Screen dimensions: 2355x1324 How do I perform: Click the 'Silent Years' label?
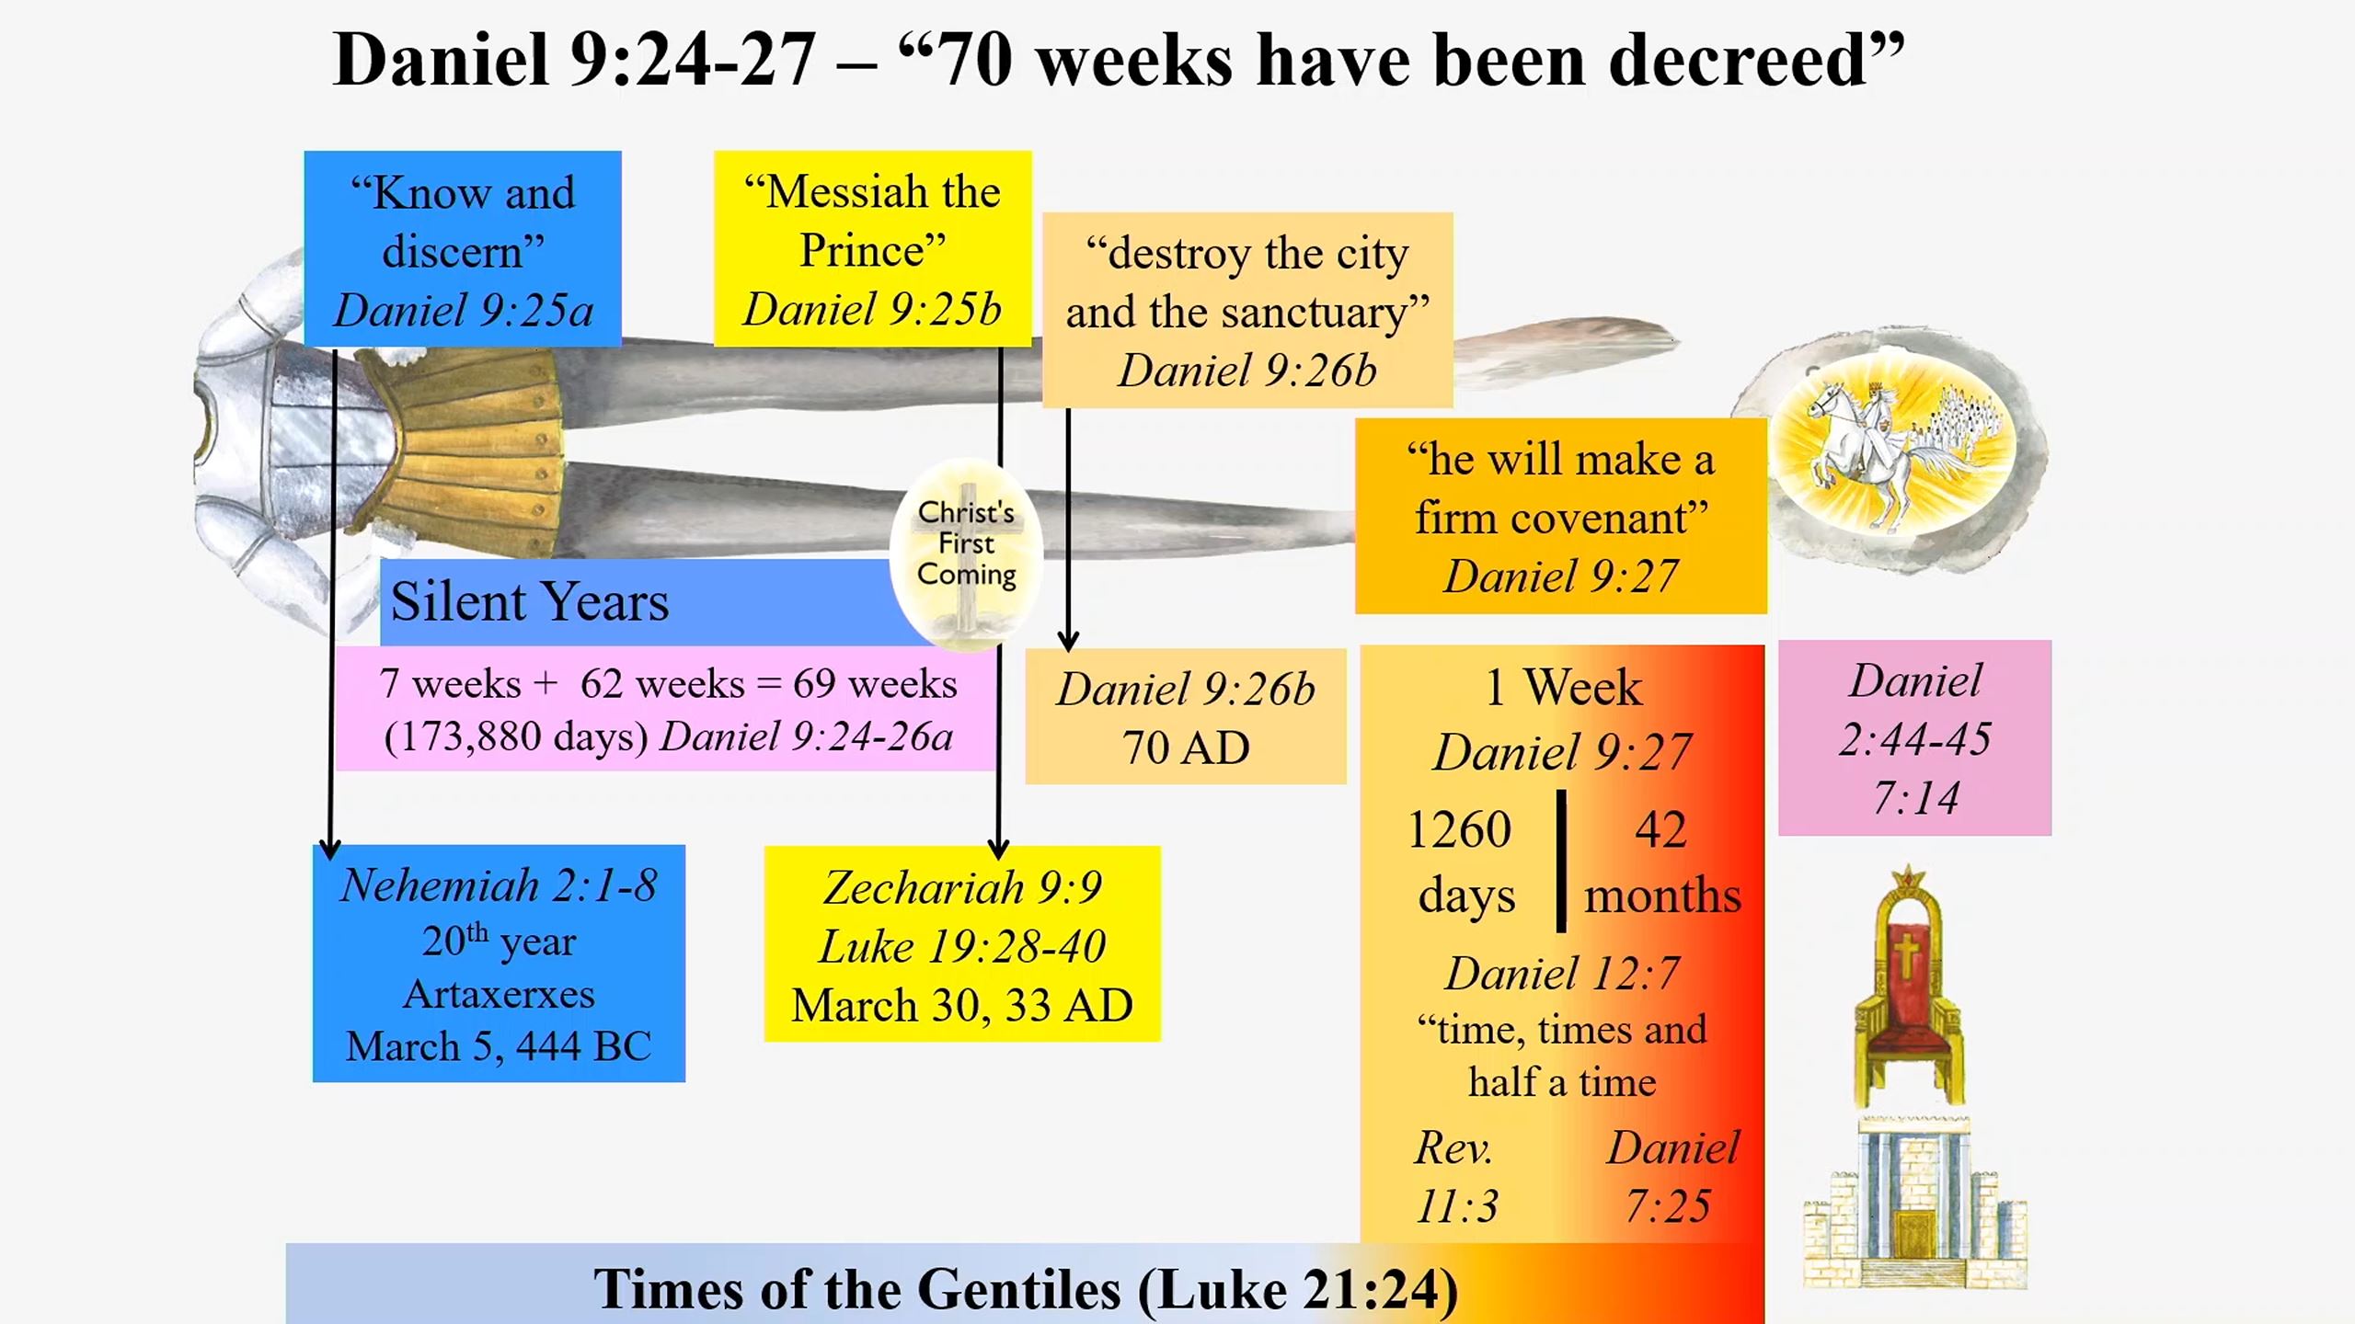click(530, 601)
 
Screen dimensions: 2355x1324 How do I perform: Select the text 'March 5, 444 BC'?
click(499, 1046)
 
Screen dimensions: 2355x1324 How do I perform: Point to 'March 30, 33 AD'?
click(962, 1005)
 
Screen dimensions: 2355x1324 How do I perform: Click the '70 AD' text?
click(1186, 748)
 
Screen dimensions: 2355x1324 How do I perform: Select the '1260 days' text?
click(1462, 862)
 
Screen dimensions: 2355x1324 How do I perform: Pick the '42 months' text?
click(1662, 862)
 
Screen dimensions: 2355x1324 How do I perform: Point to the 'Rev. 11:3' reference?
click(1456, 1177)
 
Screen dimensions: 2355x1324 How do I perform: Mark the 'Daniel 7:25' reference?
click(1672, 1177)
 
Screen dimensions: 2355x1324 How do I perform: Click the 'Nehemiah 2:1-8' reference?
click(499, 886)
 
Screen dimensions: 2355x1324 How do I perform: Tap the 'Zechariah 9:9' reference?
click(962, 888)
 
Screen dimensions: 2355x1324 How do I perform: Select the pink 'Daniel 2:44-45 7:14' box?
click(1915, 738)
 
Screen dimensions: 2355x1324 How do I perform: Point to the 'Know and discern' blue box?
click(463, 249)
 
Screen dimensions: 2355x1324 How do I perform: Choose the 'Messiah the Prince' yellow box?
click(873, 249)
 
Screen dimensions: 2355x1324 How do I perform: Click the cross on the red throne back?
click(1906, 956)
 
